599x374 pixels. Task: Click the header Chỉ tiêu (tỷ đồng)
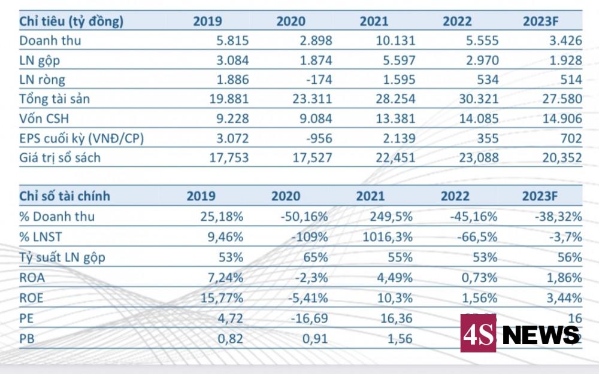coord(71,22)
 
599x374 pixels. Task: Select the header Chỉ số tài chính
coord(65,196)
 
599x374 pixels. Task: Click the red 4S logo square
coord(478,334)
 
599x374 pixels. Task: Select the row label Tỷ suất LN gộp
coord(59,257)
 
